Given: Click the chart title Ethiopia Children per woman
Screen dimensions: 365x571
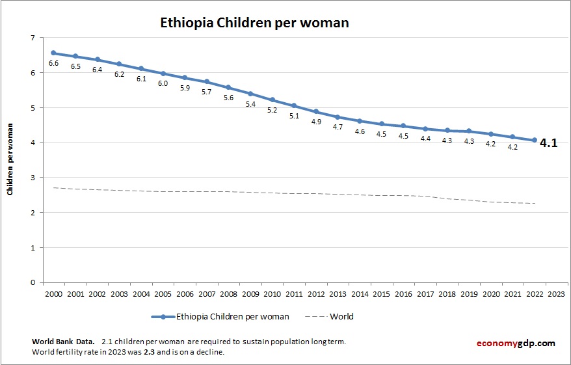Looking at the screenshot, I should (x=255, y=23).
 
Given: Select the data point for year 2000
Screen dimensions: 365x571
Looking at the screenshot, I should (x=53, y=53).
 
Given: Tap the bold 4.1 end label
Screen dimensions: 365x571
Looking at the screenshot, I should (x=549, y=143).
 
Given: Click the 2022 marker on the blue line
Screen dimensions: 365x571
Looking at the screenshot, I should (x=535, y=140).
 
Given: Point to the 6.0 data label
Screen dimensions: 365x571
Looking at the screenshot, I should (x=163, y=83).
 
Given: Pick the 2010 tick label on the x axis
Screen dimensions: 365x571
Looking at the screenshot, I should (x=272, y=293).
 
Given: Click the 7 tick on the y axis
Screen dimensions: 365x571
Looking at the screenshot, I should (x=32, y=38).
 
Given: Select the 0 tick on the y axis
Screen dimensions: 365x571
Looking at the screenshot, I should (x=32, y=282).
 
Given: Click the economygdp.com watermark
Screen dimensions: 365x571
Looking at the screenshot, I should (x=514, y=343).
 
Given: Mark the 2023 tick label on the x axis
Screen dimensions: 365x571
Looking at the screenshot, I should (x=557, y=293).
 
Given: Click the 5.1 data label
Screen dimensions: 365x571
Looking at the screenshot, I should (x=294, y=116).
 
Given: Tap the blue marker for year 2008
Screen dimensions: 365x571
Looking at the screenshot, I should (x=228, y=87).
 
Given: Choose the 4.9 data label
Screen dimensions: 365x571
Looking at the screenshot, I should (x=316, y=122).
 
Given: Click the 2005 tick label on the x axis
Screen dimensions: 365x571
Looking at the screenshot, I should (x=163, y=293).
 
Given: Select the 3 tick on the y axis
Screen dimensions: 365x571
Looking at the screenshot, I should (x=32, y=178).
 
